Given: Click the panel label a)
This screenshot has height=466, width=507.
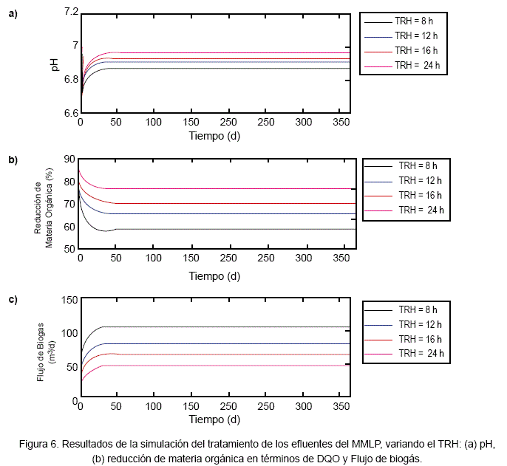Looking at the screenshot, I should pyautogui.click(x=13, y=13).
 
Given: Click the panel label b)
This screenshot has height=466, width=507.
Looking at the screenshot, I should pyautogui.click(x=13, y=160).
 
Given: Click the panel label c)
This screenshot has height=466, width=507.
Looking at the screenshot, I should pyautogui.click(x=13, y=300).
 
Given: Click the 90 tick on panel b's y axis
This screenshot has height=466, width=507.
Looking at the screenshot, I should pyautogui.click(x=71, y=159).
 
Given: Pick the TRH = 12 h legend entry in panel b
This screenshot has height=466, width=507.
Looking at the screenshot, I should pyautogui.click(x=420, y=180).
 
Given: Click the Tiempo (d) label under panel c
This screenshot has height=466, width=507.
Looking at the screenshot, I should pyautogui.click(x=214, y=419).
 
